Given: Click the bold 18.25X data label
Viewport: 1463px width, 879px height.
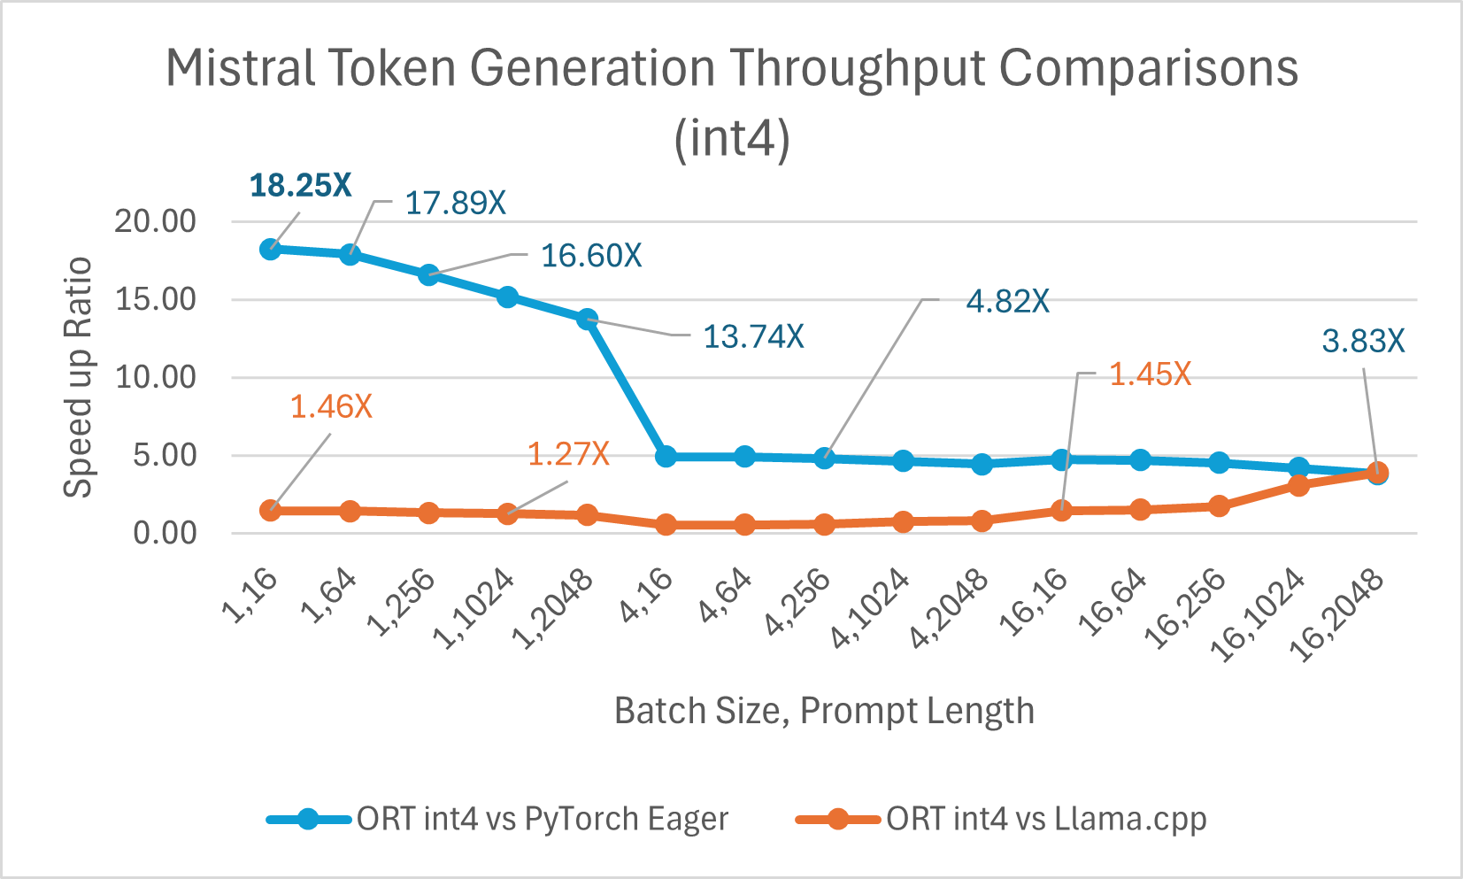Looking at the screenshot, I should (301, 186).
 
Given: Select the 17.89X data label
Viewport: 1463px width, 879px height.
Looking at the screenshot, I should (455, 204).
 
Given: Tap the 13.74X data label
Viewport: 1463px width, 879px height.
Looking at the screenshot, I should (753, 337).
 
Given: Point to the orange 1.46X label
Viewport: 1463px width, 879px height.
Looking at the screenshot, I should (331, 407).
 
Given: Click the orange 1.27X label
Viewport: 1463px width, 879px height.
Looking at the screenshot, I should (568, 455).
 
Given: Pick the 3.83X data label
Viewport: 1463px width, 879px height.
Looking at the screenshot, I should (1363, 341).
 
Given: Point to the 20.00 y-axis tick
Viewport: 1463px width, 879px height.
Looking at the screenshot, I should (156, 221).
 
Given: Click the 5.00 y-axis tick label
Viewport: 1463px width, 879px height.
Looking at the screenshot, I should (165, 456).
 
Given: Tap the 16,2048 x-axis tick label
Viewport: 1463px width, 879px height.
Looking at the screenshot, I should (1336, 615).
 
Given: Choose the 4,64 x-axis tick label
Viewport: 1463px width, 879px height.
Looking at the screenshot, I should (726, 596).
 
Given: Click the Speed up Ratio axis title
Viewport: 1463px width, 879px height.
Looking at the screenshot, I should (79, 378).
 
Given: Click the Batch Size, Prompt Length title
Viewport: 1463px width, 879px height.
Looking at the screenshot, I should (824, 711).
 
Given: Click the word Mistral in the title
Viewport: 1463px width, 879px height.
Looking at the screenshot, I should (240, 68).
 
